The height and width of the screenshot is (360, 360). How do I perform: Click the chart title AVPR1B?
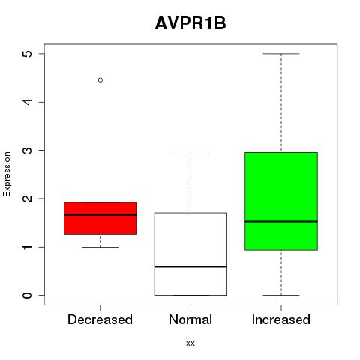point(190,23)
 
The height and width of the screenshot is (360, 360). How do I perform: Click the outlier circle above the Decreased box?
point(100,80)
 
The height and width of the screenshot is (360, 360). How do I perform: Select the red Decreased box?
point(100,218)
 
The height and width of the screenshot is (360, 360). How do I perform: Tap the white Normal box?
point(190,254)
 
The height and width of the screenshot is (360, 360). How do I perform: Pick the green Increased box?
point(281,201)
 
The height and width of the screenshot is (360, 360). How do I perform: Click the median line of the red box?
point(100,214)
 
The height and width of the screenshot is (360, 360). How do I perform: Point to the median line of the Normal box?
point(190,266)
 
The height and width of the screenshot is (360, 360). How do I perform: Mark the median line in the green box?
point(281,221)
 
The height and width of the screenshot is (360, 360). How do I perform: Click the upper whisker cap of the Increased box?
point(281,54)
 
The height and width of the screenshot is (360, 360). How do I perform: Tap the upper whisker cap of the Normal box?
point(190,154)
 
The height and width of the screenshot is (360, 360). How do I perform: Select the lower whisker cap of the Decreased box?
point(100,247)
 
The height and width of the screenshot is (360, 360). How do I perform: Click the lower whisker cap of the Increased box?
point(281,295)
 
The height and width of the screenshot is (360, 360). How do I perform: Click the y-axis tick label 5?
point(28,54)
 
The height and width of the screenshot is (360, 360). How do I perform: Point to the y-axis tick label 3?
point(28,150)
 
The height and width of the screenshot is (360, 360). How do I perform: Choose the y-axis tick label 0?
point(28,295)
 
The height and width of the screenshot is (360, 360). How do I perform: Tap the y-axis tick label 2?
point(28,199)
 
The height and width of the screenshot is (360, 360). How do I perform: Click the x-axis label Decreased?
point(100,319)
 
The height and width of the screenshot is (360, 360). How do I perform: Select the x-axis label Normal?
point(190,319)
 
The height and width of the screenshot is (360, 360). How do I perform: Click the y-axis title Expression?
point(7,174)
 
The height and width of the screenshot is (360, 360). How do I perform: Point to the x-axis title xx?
point(190,343)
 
